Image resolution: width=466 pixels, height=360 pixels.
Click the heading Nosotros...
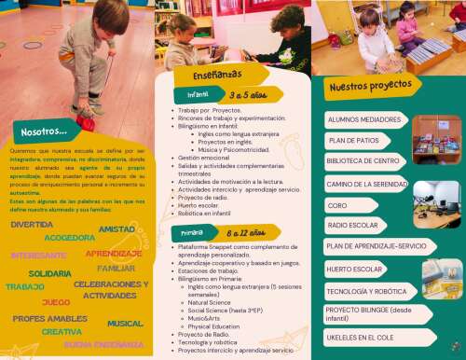point(42,132)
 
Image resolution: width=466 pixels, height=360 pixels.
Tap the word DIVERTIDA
point(32,225)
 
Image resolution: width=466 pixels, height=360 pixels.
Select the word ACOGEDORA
point(70,238)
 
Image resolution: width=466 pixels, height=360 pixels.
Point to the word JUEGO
point(56,302)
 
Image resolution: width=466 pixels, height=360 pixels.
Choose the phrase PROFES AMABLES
point(49,319)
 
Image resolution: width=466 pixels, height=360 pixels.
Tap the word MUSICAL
point(125,324)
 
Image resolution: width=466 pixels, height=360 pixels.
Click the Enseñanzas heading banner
point(217,74)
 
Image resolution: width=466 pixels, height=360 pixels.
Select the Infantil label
point(199,95)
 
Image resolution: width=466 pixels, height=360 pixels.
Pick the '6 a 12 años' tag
point(239,231)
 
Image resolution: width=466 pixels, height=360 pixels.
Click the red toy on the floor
point(87,122)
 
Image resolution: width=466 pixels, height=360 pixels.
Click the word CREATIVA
point(62,332)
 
